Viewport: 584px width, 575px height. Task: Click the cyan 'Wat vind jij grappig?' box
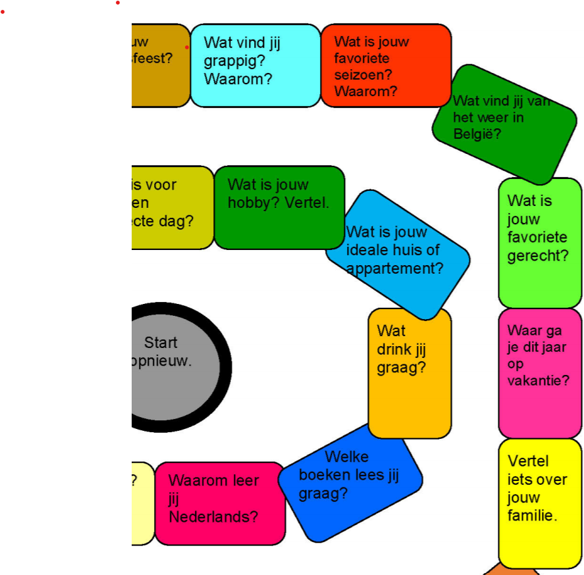tap(255, 65)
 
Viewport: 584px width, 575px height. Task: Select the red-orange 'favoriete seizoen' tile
tap(386, 65)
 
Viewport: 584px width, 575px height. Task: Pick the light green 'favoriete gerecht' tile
tap(540, 242)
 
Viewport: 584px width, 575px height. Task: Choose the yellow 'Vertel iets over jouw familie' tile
tap(540, 503)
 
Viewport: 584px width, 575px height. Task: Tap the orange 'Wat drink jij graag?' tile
tap(410, 373)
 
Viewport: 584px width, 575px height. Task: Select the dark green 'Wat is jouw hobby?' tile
tap(279, 207)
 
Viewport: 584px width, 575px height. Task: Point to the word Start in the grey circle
tap(161, 342)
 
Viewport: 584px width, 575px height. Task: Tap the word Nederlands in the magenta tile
tap(213, 517)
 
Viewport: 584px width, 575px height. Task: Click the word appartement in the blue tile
tap(394, 268)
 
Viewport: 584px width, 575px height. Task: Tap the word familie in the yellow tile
tap(532, 516)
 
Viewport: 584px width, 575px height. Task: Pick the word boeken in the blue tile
tap(323, 475)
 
